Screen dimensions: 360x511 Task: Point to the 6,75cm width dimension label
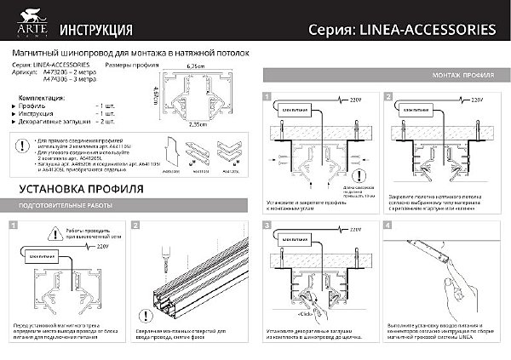[x=197, y=66]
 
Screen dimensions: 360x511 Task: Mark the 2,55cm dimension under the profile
[x=197, y=124]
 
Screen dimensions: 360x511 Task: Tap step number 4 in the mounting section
[x=388, y=226]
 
